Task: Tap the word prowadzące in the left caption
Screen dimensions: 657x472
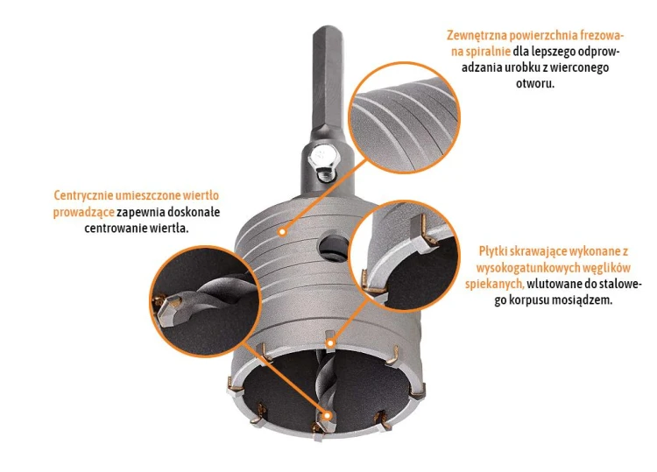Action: pos(83,212)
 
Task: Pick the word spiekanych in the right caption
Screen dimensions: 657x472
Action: pos(494,284)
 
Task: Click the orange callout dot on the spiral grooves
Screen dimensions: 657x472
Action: pos(283,231)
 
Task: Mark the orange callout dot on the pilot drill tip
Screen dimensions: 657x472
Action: pos(328,415)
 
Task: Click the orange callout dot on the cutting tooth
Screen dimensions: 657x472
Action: pos(331,343)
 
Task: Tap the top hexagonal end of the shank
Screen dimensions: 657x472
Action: pos(328,30)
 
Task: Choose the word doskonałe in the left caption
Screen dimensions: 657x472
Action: pos(194,212)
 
